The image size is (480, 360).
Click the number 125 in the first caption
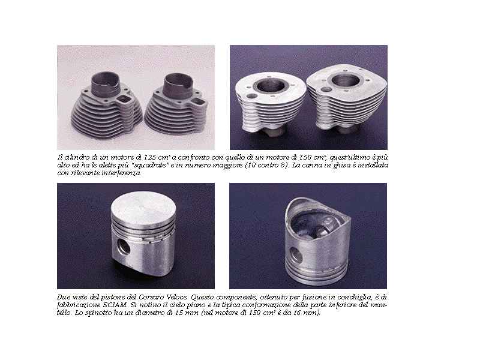tap(150, 157)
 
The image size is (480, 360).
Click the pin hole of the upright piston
tap(124, 247)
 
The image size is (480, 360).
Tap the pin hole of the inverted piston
tap(296, 256)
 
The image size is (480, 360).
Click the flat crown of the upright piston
tap(143, 208)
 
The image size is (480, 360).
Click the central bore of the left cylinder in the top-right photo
tap(271, 86)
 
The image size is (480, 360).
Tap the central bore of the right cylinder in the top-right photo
tap(346, 81)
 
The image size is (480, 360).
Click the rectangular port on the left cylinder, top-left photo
tap(124, 98)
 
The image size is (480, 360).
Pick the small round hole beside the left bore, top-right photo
tap(251, 96)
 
